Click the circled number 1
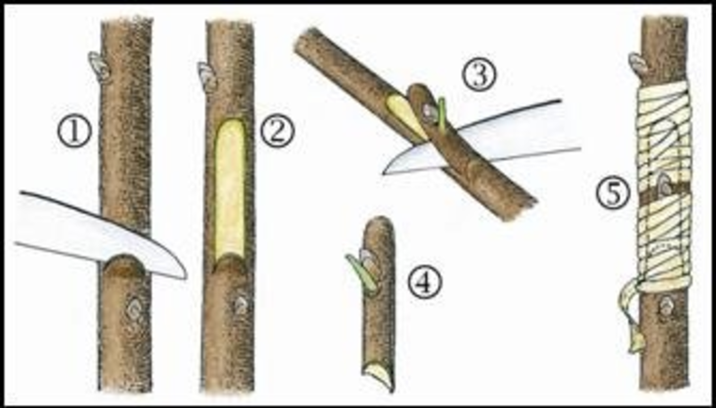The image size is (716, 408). pyautogui.click(x=74, y=132)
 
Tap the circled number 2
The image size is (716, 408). pyautogui.click(x=277, y=132)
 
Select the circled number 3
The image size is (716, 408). pyautogui.click(x=480, y=76)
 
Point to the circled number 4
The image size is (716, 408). pyautogui.click(x=425, y=283)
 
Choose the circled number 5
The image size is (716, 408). pyautogui.click(x=613, y=194)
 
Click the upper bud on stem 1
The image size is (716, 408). pyautogui.click(x=99, y=65)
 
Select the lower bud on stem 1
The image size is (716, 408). pyautogui.click(x=135, y=310)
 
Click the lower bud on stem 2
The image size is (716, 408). pyautogui.click(x=241, y=306)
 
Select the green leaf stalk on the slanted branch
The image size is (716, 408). pyautogui.click(x=441, y=115)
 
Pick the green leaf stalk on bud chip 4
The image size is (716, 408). pyautogui.click(x=361, y=273)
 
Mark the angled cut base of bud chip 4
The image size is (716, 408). pyautogui.click(x=379, y=376)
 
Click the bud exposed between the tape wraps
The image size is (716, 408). pyautogui.click(x=664, y=185)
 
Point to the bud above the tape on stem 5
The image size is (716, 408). pyautogui.click(x=638, y=64)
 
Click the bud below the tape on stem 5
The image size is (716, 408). pyautogui.click(x=666, y=305)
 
